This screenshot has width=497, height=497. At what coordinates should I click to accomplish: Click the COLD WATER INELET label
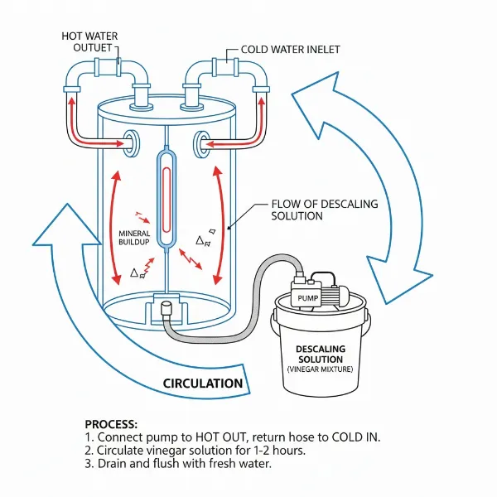(x=290, y=50)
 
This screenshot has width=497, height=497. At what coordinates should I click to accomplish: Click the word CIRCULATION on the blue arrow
(x=203, y=384)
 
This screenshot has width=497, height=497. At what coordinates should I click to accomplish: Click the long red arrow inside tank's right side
(x=220, y=224)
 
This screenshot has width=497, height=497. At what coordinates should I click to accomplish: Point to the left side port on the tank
(x=131, y=142)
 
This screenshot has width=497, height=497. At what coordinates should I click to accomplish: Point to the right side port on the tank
(x=201, y=142)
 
